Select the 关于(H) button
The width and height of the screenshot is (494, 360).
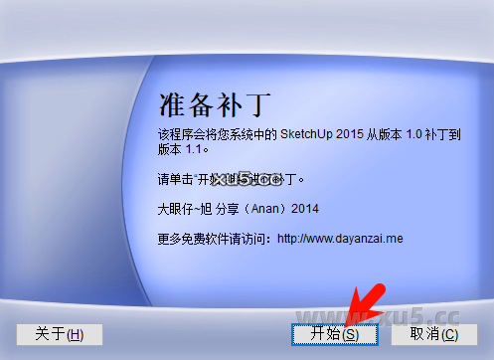point(59,334)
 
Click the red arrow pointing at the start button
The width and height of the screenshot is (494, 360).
point(355,302)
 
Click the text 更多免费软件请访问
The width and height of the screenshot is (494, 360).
point(214,238)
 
